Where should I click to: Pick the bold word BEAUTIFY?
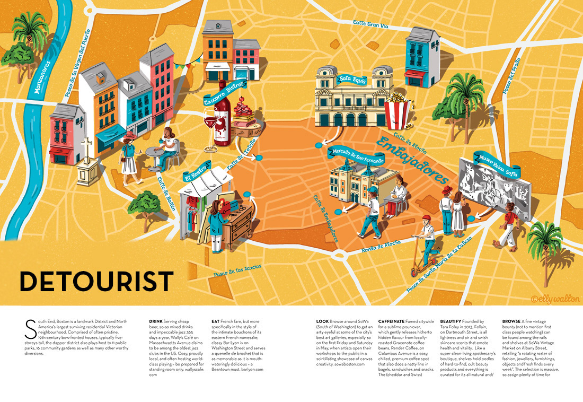tap(455, 321)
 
